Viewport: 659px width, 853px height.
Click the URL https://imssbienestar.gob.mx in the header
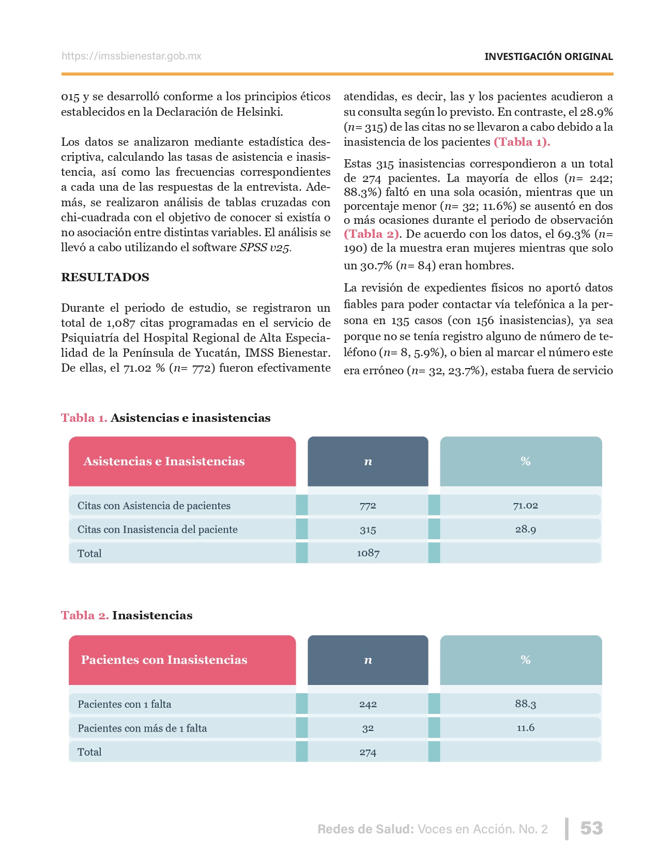click(131, 56)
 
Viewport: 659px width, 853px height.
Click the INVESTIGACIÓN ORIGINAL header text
click(548, 56)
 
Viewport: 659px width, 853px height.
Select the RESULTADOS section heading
click(105, 277)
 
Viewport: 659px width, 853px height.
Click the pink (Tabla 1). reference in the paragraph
click(522, 142)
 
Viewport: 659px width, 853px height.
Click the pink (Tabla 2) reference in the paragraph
click(372, 234)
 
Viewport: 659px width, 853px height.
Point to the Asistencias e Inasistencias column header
click(164, 461)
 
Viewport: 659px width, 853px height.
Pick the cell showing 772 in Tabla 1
click(368, 506)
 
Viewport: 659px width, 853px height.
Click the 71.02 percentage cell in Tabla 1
click(526, 506)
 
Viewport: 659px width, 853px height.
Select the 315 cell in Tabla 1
click(368, 530)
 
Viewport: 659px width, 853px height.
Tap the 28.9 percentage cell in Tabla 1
click(526, 529)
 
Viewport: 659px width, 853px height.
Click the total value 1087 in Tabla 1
click(368, 553)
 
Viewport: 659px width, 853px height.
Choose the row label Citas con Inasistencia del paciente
click(158, 529)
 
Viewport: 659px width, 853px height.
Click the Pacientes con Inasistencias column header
click(164, 660)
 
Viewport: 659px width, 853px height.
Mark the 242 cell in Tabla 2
click(368, 704)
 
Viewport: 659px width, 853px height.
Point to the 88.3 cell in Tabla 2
click(526, 704)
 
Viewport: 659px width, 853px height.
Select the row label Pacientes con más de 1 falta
click(142, 728)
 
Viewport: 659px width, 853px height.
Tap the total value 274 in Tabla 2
click(368, 752)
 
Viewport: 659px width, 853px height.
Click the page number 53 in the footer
click(591, 828)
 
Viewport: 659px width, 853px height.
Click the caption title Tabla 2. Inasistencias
click(127, 615)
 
